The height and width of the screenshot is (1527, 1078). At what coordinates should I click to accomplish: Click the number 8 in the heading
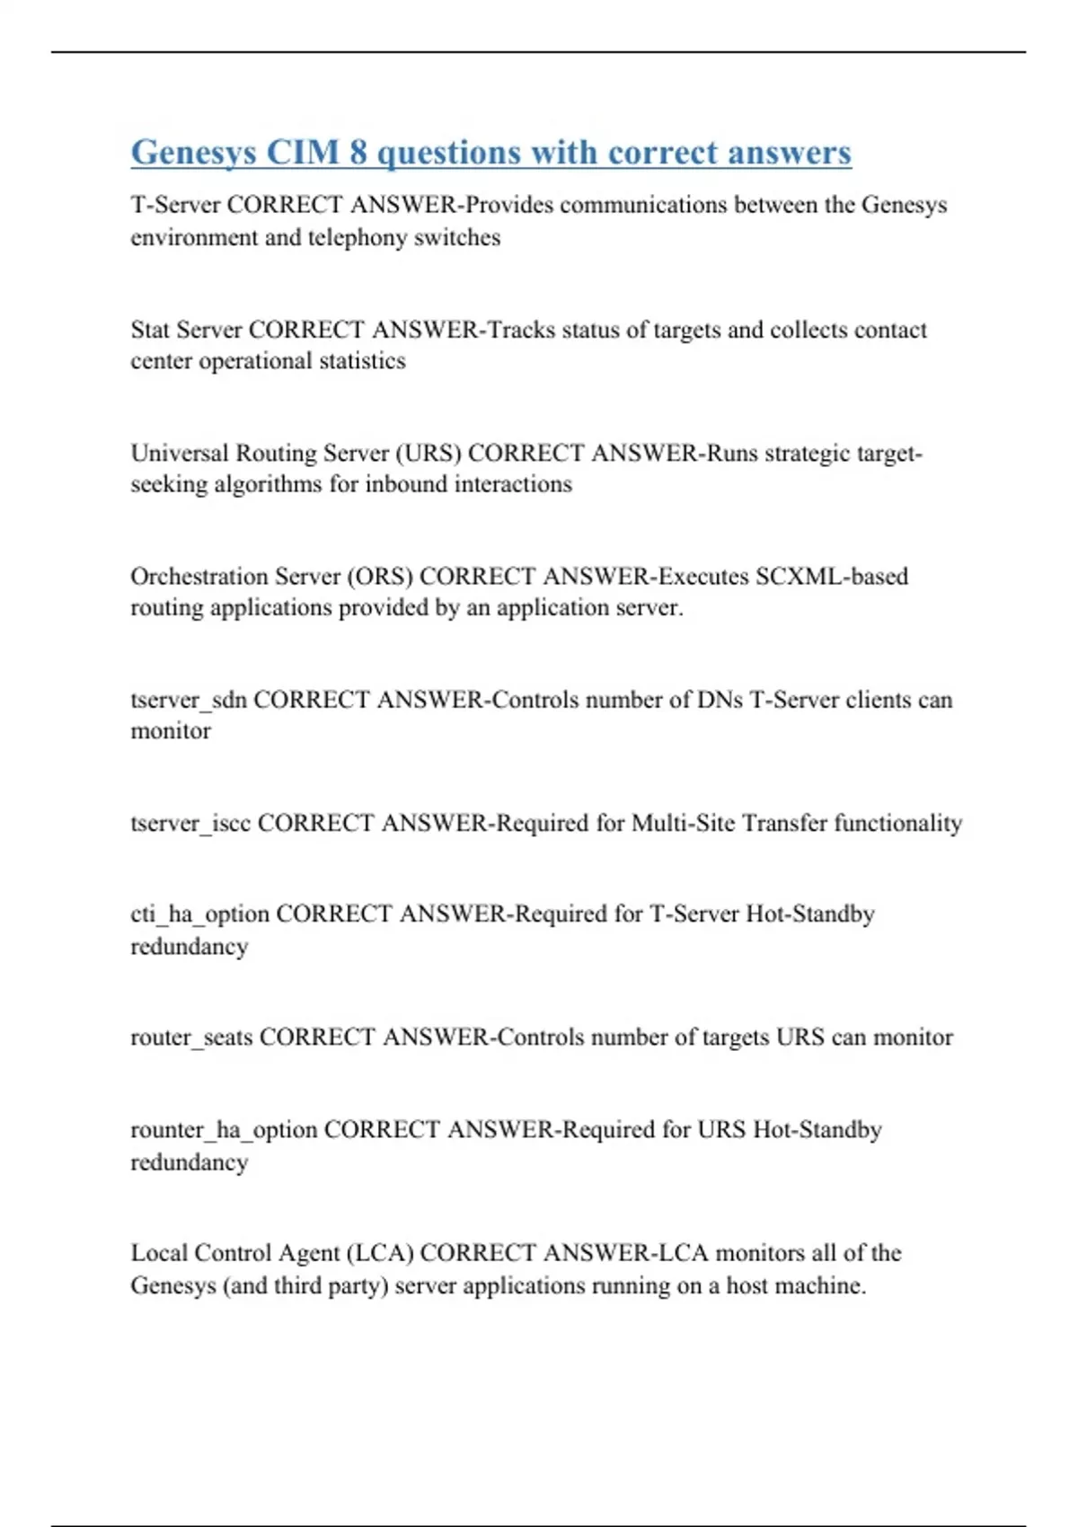pos(358,153)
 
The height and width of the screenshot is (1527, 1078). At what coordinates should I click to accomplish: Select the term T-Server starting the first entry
pos(175,205)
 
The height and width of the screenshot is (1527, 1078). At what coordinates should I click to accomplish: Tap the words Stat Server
pos(186,330)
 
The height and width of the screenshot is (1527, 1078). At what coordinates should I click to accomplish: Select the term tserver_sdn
pos(189,700)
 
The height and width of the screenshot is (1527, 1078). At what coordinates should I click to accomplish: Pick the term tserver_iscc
pos(190,823)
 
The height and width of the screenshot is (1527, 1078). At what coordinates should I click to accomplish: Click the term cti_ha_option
pos(199,914)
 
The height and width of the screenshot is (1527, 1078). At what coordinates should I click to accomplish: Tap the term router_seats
pos(191,1037)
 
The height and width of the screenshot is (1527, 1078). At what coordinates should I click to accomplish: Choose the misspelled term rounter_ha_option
pos(224,1130)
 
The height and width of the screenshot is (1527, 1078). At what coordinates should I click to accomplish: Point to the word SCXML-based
pos(832,576)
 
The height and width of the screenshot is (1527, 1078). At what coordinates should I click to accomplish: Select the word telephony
pos(358,238)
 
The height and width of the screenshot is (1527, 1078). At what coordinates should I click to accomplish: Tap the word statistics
pos(363,361)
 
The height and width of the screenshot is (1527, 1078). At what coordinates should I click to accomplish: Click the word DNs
pos(720,700)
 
